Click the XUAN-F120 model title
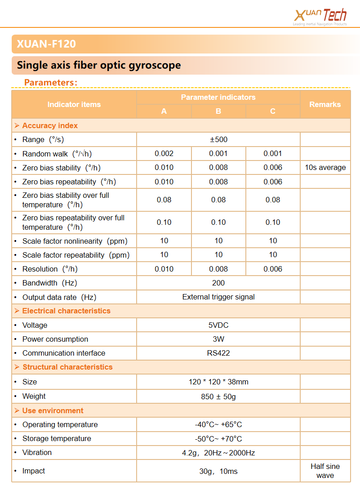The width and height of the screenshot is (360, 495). click(x=46, y=44)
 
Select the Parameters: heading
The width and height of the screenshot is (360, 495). click(x=51, y=82)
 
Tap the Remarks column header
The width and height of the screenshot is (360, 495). click(x=325, y=104)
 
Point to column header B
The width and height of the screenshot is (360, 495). click(x=218, y=111)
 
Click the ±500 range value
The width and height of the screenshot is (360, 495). click(x=218, y=139)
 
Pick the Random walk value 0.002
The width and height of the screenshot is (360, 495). click(x=164, y=153)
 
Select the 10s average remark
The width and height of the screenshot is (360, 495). click(x=325, y=168)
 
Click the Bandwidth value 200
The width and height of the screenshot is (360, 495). click(x=218, y=283)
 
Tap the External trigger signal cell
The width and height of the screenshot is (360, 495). click(x=218, y=297)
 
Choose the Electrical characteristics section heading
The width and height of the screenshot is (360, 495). click(x=66, y=311)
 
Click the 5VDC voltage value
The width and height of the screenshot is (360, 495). click(x=218, y=325)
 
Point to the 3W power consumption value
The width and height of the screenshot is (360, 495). click(x=218, y=339)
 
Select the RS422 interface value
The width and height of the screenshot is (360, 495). click(x=218, y=353)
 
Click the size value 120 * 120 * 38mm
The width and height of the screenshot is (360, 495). click(x=218, y=382)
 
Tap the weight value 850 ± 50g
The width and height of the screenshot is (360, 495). click(x=218, y=397)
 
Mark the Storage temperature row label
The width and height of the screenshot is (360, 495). click(x=57, y=438)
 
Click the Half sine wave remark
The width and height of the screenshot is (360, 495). click(x=325, y=471)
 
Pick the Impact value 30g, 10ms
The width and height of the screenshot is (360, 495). click(x=218, y=471)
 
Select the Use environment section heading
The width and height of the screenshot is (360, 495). click(x=53, y=410)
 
